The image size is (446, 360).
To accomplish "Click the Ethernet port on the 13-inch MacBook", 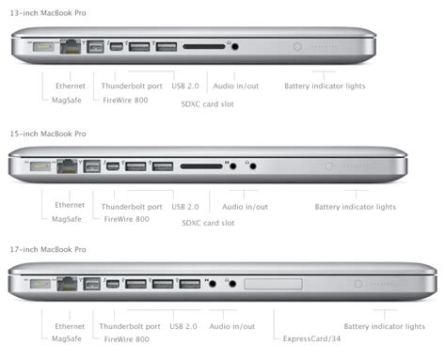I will click(69, 45).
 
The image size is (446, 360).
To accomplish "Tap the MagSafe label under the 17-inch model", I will click(66, 338).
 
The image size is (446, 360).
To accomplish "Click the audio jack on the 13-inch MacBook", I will click(232, 45).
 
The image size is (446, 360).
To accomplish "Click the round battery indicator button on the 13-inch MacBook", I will click(297, 45).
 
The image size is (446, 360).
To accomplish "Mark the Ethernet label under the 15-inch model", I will click(70, 205).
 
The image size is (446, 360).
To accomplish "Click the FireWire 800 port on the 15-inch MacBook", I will click(92, 166).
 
